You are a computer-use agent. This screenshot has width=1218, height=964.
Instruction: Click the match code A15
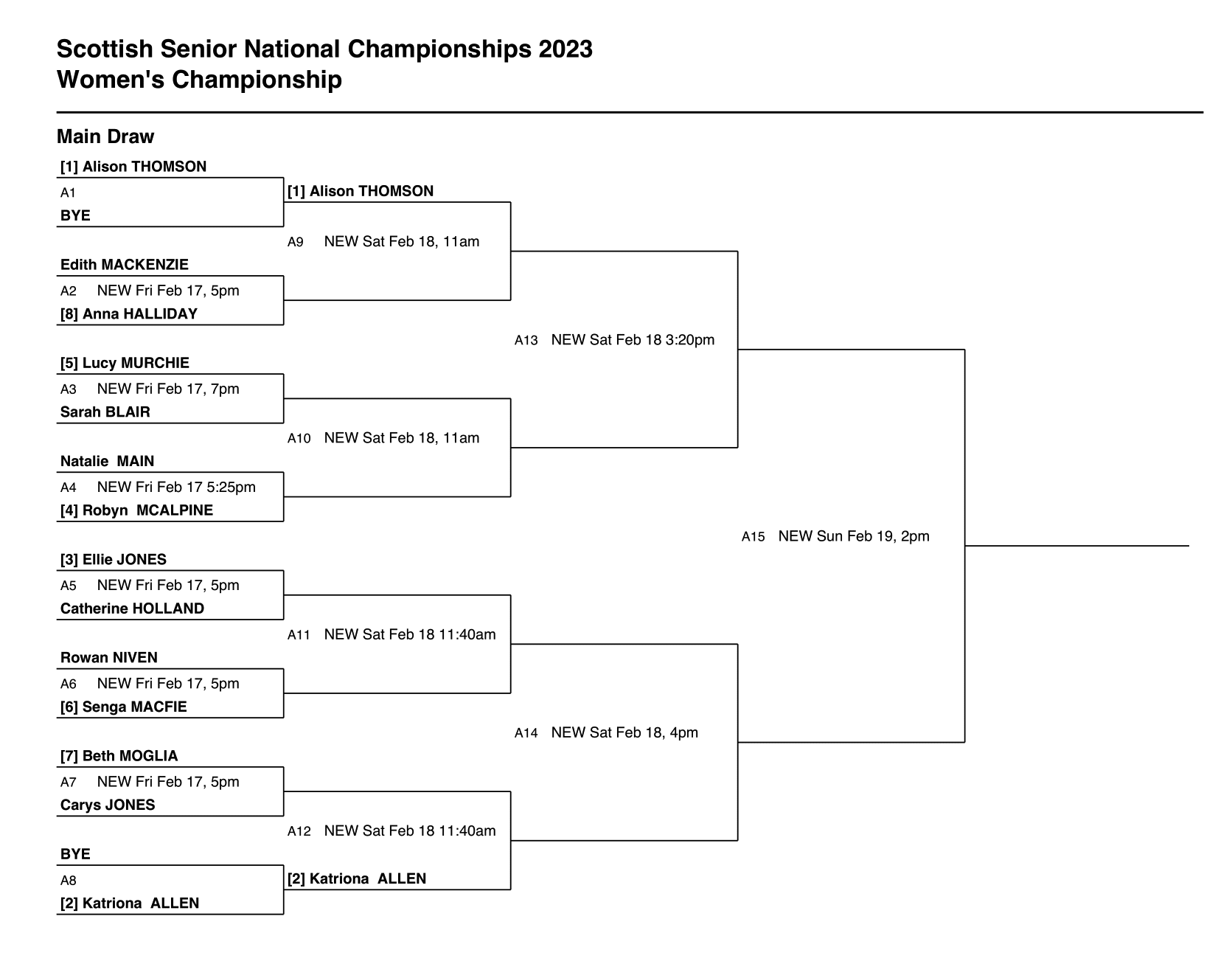click(x=754, y=537)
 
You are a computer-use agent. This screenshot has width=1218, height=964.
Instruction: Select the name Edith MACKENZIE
click(x=125, y=265)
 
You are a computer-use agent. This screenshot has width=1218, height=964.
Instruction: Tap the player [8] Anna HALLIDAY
click(x=129, y=314)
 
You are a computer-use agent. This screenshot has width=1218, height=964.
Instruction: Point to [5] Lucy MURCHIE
click(x=125, y=363)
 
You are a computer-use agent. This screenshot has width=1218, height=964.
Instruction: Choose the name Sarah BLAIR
click(x=105, y=412)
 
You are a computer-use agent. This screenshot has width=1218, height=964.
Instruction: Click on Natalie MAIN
click(x=108, y=462)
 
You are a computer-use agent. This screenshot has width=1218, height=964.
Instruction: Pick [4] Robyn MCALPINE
click(x=136, y=510)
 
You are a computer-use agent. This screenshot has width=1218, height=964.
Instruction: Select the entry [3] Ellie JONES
click(x=114, y=560)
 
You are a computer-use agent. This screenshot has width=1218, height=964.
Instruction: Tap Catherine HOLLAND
click(x=132, y=608)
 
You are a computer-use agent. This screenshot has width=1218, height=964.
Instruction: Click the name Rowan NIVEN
click(x=109, y=658)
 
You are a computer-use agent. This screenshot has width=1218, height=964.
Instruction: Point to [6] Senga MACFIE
click(x=124, y=707)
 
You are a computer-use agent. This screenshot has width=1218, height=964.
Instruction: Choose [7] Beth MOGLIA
click(x=119, y=756)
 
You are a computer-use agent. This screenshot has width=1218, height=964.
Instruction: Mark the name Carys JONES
click(x=108, y=805)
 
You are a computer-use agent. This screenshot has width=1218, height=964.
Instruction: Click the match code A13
click(x=526, y=341)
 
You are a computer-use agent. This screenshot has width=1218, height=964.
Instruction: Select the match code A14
click(x=526, y=733)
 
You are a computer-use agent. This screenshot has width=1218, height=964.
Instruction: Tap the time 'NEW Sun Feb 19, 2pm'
click(x=854, y=537)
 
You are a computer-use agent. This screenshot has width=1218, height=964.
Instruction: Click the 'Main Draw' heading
click(x=105, y=136)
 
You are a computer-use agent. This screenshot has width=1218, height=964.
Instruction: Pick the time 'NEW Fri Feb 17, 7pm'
click(x=168, y=389)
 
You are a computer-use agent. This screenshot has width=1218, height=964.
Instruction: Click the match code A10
click(x=299, y=439)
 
